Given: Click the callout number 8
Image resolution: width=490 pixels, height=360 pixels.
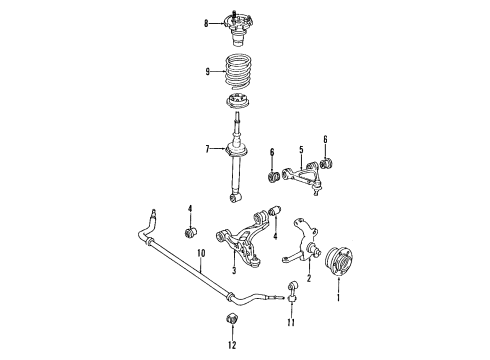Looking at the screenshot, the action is click(206, 23).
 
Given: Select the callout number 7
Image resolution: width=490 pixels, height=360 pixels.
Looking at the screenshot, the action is click(207, 149).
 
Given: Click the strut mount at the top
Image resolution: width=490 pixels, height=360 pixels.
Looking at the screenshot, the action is click(238, 29).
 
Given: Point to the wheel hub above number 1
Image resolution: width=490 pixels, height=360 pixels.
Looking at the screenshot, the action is click(339, 261).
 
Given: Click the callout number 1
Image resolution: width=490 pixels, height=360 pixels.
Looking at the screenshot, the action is click(338, 297).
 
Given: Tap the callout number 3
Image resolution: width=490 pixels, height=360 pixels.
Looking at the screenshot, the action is click(234, 270).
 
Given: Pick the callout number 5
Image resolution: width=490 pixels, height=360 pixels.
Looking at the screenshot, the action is click(301, 150).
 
